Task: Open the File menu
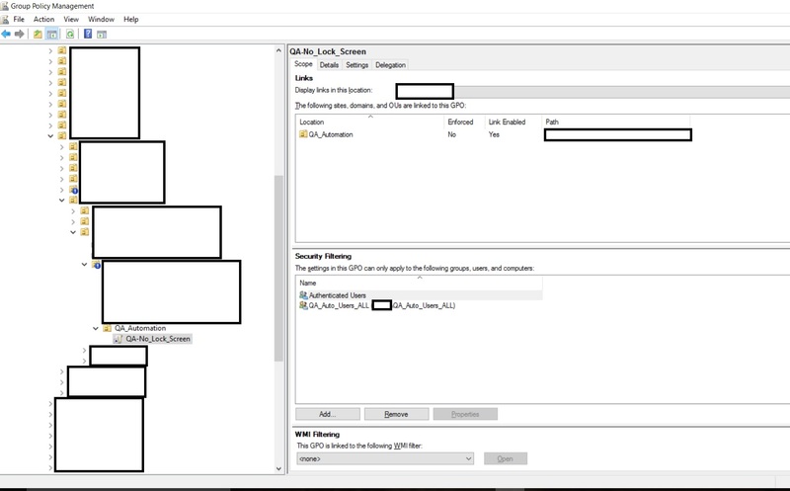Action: click(x=19, y=19)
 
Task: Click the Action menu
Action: click(x=43, y=19)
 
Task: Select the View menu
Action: click(x=71, y=19)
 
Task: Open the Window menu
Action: click(x=100, y=19)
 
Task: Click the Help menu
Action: click(x=131, y=19)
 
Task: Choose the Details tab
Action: click(x=329, y=65)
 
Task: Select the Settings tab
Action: click(x=356, y=65)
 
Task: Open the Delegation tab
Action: click(x=390, y=65)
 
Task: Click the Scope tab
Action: click(x=303, y=65)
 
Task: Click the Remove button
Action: click(x=396, y=414)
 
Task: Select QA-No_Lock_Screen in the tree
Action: click(x=158, y=339)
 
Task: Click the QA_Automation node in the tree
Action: click(x=140, y=328)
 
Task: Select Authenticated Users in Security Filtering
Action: click(x=337, y=294)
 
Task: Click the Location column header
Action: click(x=312, y=122)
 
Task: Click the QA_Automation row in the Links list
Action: click(x=331, y=134)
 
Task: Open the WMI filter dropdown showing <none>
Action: click(x=385, y=458)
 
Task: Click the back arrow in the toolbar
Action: click(x=7, y=34)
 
